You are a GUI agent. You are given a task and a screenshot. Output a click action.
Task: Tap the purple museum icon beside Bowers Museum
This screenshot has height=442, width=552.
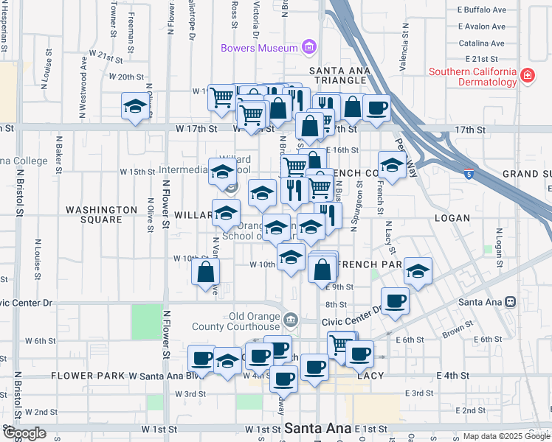click(309, 49)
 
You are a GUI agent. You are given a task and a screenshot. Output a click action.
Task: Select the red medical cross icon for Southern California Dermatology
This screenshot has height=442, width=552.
click(527, 76)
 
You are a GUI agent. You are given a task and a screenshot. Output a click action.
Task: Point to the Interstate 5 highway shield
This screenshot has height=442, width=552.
click(469, 174)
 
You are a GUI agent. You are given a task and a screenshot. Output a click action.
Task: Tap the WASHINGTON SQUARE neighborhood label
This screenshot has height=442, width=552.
click(101, 214)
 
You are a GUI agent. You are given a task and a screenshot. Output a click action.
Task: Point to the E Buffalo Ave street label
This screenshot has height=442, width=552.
click(482, 10)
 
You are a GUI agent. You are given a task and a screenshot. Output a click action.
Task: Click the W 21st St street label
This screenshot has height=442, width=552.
click(106, 56)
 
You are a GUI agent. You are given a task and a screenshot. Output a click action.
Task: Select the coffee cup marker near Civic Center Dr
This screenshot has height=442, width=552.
click(395, 301)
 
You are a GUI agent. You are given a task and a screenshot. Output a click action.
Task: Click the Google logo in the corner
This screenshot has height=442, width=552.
click(24, 434)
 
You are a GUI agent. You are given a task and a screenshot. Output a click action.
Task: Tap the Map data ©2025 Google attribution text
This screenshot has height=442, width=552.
click(506, 436)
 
